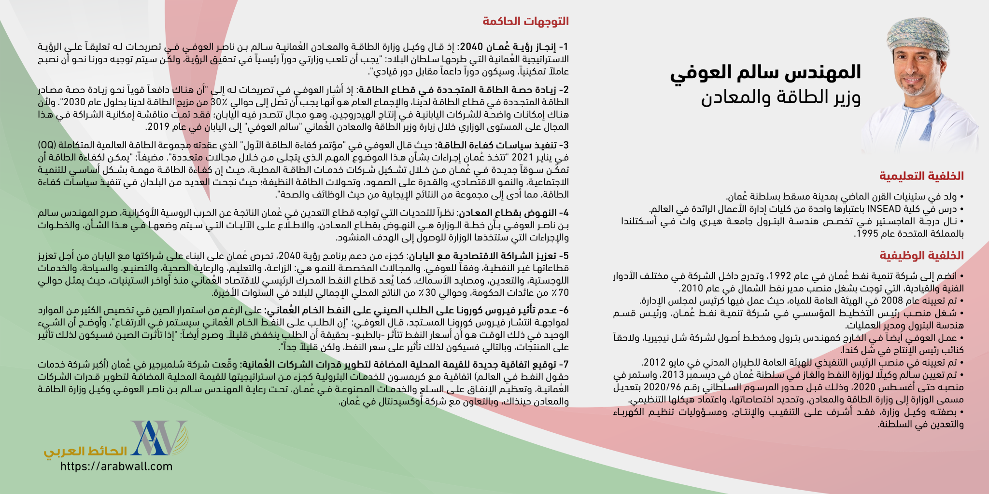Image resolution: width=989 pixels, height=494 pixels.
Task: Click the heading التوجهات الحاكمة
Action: tap(525, 21)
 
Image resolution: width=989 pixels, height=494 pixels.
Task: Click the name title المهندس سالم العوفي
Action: tap(765, 72)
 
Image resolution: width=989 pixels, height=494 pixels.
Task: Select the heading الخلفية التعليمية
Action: tap(921, 176)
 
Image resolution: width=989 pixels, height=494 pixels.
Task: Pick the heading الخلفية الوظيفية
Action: tap(921, 255)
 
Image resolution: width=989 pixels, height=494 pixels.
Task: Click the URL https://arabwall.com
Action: tap(116, 467)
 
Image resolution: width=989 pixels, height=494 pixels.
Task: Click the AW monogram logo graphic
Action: tap(158, 438)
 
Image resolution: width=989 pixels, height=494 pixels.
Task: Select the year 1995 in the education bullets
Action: tap(864, 234)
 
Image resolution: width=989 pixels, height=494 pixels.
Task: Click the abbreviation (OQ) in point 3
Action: tap(47, 145)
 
